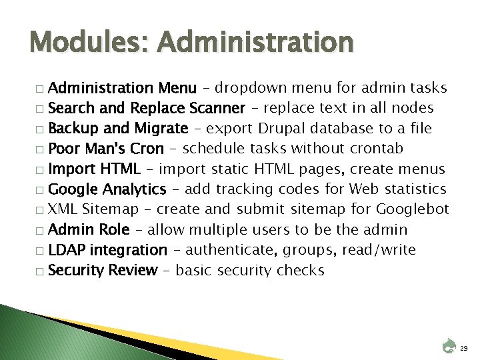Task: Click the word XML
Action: coord(64,209)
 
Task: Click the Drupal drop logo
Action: coord(448,345)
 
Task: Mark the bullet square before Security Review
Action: coord(41,271)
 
